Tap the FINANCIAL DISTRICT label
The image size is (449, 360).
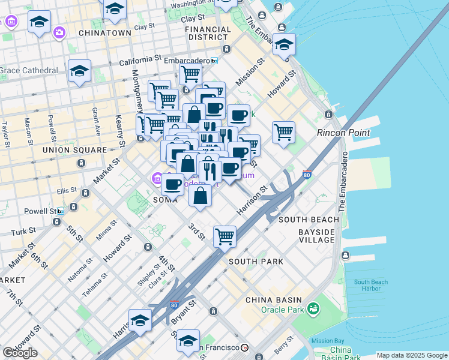[208, 33]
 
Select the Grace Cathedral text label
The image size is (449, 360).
[29, 70]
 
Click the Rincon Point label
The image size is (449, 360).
[343, 132]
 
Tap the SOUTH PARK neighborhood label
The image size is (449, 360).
[256, 262]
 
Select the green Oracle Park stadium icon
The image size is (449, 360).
[312, 309]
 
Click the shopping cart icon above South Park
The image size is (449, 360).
[224, 236]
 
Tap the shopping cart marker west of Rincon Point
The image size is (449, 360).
[283, 131]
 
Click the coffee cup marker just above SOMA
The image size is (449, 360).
[173, 183]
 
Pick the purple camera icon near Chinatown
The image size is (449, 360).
[59, 32]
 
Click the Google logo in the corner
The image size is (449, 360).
[20, 353]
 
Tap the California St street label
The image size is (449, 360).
[141, 60]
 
